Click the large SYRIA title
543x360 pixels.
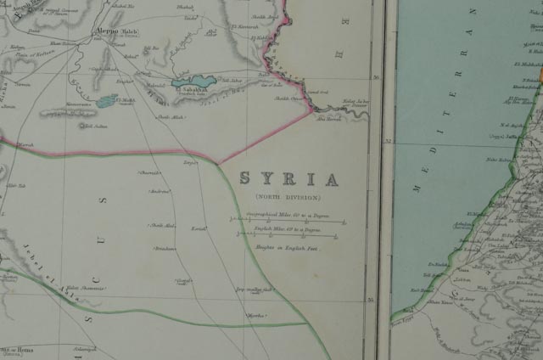coord(288,179)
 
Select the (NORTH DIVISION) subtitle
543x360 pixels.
coord(288,197)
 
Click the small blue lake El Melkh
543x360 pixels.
coord(106,101)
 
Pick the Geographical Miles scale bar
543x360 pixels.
coord(288,220)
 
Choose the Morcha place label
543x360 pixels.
coord(255,315)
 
